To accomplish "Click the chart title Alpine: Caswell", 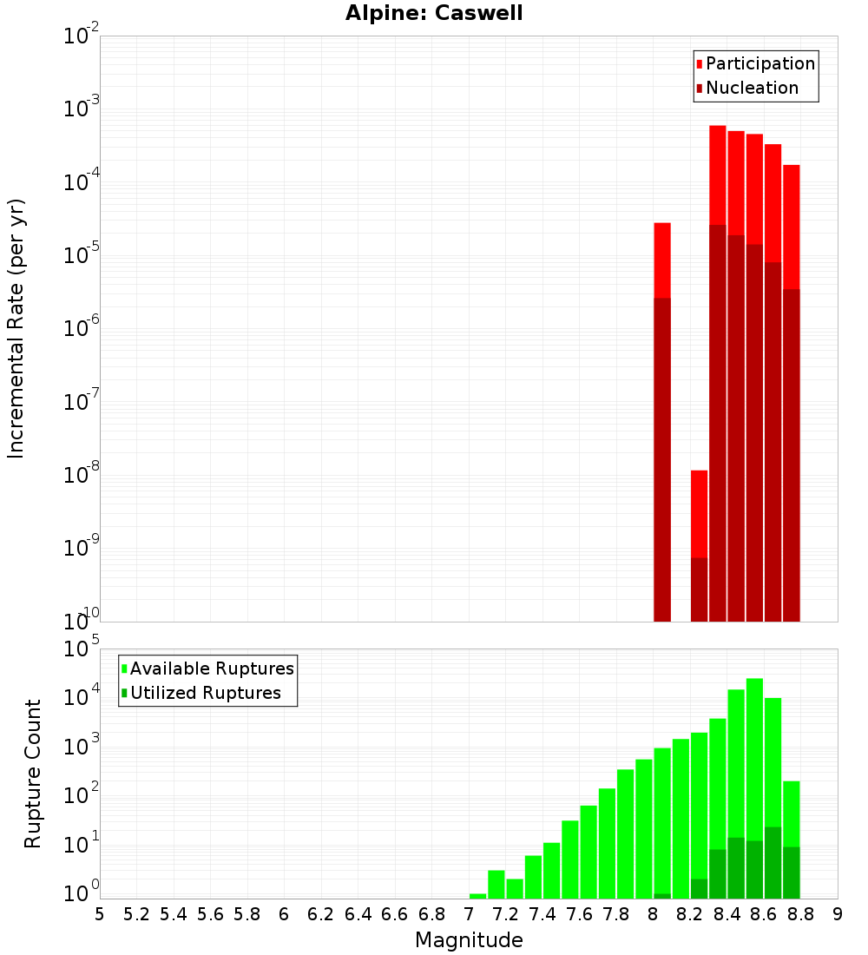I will click(x=434, y=14).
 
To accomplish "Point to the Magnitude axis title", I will click(x=469, y=940).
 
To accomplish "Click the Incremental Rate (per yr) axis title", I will click(x=16, y=328).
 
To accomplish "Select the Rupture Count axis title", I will click(x=33, y=774).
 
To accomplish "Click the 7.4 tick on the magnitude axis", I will click(x=542, y=914).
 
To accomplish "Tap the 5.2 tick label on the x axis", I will click(x=137, y=914).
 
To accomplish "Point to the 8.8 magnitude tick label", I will click(x=800, y=914).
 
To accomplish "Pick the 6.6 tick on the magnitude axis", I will click(x=395, y=914).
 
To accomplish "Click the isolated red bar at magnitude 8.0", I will click(x=662, y=260).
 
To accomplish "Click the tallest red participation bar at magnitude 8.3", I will click(x=718, y=174).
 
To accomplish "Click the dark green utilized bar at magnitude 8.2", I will click(x=699, y=889).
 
